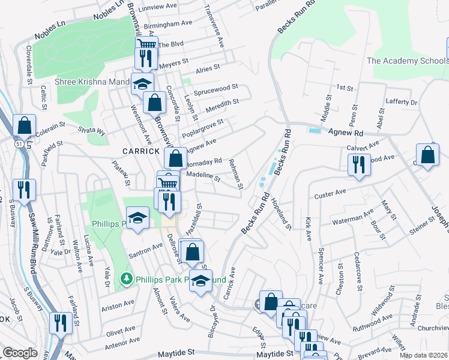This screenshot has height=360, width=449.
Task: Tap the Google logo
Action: (x=20, y=353)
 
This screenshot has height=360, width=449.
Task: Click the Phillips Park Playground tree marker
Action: (x=126, y=278)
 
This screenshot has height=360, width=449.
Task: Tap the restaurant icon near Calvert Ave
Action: (x=359, y=163)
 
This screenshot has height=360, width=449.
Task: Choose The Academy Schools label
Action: (x=407, y=61)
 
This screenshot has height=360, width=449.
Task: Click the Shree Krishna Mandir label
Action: (x=92, y=82)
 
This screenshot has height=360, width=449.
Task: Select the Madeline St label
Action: (x=204, y=175)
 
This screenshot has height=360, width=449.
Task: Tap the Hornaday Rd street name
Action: (x=205, y=161)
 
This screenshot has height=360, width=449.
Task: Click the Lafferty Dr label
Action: (x=402, y=103)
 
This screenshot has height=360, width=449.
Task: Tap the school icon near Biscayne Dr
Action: (x=200, y=280)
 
